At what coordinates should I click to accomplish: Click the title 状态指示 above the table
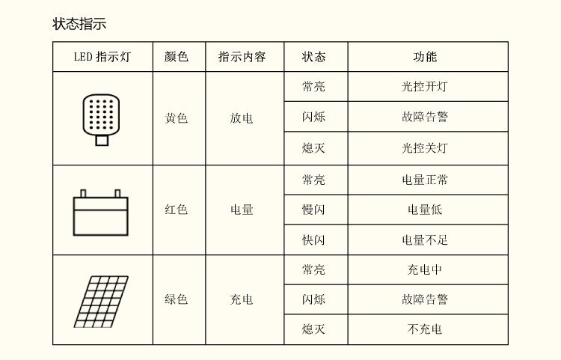point(79,24)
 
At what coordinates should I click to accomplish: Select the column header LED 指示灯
point(102,57)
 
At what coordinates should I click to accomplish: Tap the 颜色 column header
point(177,57)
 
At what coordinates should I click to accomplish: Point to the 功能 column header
point(425,57)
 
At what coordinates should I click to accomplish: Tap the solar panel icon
point(101,301)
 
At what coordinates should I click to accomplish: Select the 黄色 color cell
point(177,118)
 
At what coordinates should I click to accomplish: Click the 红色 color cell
point(177,210)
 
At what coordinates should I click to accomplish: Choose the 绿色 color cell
point(177,300)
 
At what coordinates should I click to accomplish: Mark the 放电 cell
point(242,118)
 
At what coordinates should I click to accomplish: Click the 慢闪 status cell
point(313,210)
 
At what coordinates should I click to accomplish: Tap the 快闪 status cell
point(313,240)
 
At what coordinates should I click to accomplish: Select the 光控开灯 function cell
point(425,87)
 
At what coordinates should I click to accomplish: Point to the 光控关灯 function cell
point(425,148)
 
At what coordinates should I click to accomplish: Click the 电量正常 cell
point(425,180)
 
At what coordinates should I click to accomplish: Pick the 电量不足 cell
point(425,240)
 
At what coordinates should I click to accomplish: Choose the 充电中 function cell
point(425,270)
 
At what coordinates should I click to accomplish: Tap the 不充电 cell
point(425,329)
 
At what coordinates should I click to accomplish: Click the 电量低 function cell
point(425,210)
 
